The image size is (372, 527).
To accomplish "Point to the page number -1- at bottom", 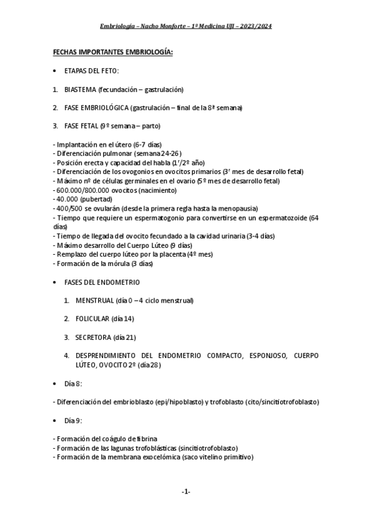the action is (x=186, y=492).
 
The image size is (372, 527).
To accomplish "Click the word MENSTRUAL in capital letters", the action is (x=94, y=301).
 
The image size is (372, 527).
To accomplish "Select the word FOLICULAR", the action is (x=93, y=319).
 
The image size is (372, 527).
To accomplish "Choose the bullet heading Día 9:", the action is (x=74, y=420).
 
